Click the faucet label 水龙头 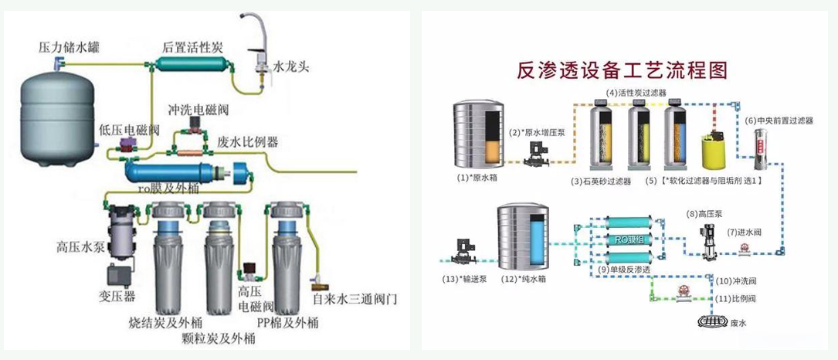(x=291, y=66)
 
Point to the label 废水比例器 (x=249, y=142)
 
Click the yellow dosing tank (x=710, y=151)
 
